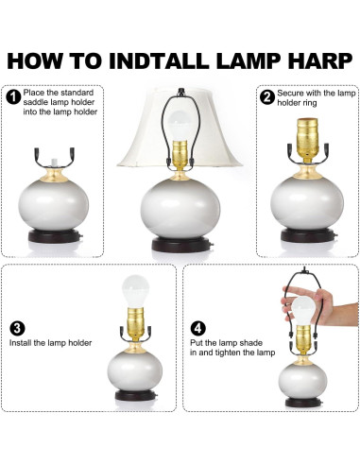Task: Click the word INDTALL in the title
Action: (x=159, y=60)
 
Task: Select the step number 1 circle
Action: (x=13, y=97)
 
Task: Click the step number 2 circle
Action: (x=267, y=97)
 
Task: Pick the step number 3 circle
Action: (x=17, y=328)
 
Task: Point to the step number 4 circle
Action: (x=197, y=328)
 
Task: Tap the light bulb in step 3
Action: (x=135, y=291)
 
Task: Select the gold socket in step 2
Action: (x=307, y=140)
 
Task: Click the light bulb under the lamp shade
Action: (x=180, y=126)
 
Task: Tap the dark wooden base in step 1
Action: (x=54, y=235)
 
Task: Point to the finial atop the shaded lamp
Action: (x=180, y=92)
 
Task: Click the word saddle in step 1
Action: (x=35, y=102)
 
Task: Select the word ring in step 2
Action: (x=309, y=103)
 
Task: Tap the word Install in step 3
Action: (x=20, y=343)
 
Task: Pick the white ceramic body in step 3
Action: (x=135, y=370)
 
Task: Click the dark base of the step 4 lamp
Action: (x=303, y=403)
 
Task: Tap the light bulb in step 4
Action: (x=302, y=311)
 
